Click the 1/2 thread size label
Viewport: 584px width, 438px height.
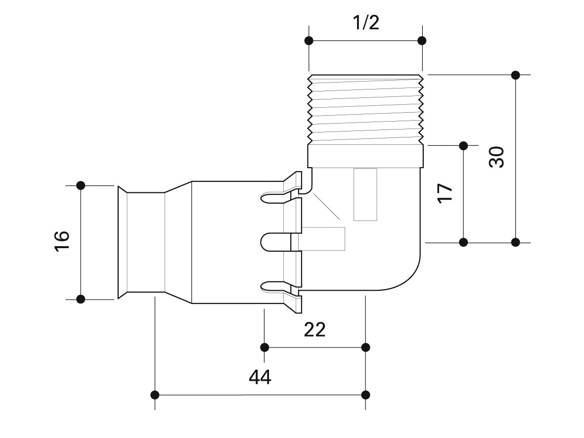(x=365, y=22)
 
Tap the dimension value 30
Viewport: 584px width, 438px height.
(x=496, y=157)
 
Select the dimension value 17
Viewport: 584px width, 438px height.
(x=445, y=192)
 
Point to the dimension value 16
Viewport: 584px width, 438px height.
(x=62, y=241)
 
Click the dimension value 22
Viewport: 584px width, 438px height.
(x=315, y=329)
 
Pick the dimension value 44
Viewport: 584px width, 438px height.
(x=260, y=378)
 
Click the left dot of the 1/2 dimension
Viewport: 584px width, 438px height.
(x=309, y=41)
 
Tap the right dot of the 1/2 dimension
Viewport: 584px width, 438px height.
(x=422, y=41)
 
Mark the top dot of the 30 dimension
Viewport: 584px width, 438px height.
(x=515, y=75)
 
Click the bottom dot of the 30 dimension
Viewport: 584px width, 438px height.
(x=515, y=242)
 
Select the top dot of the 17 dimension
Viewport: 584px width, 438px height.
(x=463, y=145)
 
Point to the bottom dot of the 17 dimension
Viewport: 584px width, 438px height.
(x=463, y=242)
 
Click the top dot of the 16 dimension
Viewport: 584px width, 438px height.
(x=81, y=185)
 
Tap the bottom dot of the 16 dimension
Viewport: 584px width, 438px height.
(x=81, y=299)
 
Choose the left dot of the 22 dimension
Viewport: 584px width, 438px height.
(x=265, y=347)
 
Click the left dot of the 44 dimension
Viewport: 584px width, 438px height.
(x=155, y=394)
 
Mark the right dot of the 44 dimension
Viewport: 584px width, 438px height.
(x=366, y=394)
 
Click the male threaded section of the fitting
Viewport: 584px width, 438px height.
(x=365, y=109)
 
